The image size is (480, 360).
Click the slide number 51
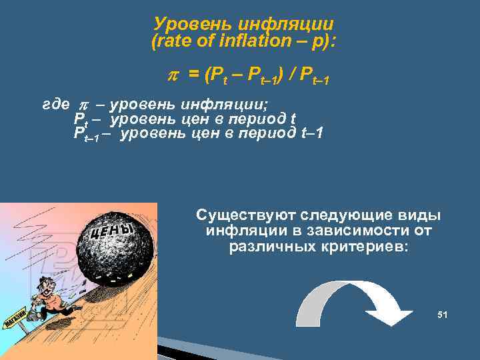442,314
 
